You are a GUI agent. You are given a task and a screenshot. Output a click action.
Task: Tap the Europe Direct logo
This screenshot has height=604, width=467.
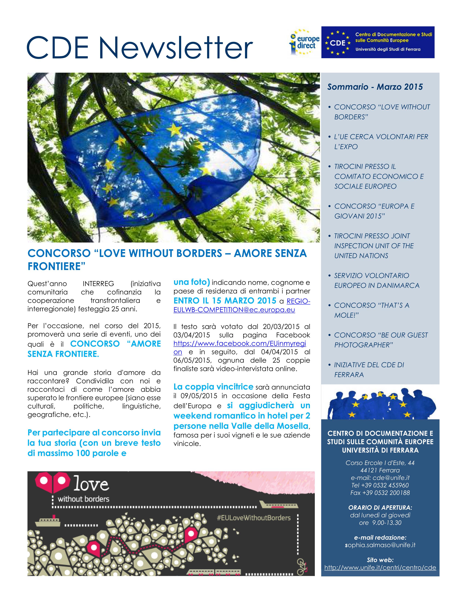304,42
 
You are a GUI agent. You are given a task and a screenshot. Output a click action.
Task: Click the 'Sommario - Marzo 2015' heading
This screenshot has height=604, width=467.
375,87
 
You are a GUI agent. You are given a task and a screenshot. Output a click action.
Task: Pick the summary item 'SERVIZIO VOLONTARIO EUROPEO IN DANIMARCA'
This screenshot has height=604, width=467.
377,280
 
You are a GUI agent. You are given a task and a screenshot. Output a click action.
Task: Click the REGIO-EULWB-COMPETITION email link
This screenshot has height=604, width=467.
242,306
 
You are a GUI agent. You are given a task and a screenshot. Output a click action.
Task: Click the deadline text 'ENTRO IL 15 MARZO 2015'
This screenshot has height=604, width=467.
225,301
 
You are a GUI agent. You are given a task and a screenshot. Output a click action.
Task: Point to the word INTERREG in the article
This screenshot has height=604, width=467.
98,284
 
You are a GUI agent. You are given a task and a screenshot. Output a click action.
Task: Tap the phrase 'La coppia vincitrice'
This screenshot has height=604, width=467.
213,386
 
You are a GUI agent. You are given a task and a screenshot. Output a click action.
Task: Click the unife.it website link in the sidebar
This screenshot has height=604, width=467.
380,568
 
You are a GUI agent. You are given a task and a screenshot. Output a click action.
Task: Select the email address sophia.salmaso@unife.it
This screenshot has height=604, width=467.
380,545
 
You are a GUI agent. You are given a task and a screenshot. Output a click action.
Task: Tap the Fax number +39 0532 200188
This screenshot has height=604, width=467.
380,493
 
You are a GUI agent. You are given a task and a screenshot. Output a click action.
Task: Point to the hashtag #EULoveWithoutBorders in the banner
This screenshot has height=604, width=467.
254,518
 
